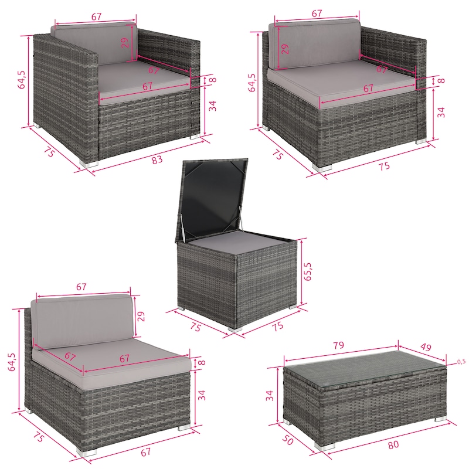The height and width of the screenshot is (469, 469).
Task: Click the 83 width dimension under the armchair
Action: click(x=157, y=159)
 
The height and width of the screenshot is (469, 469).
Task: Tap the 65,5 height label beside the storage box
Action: click(x=307, y=271)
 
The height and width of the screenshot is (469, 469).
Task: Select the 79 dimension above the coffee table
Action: click(x=339, y=345)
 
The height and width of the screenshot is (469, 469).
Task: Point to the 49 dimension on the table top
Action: click(x=426, y=347)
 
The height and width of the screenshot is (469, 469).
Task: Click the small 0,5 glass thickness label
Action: click(x=461, y=362)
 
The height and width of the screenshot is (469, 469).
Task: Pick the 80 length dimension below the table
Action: click(x=393, y=445)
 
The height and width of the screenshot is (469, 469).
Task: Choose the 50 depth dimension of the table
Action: click(x=287, y=440)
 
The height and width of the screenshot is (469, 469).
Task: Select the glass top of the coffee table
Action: click(x=365, y=369)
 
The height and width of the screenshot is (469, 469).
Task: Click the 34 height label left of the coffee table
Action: click(x=270, y=395)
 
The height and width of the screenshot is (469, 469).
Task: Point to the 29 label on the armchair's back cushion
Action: click(x=125, y=42)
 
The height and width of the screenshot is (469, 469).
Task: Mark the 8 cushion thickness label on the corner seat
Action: click(x=441, y=80)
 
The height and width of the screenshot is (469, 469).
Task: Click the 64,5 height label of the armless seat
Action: click(x=11, y=362)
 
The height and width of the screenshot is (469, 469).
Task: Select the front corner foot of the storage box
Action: click(x=235, y=328)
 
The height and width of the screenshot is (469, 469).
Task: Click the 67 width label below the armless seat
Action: click(x=145, y=452)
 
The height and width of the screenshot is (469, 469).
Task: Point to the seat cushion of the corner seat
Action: click(x=342, y=84)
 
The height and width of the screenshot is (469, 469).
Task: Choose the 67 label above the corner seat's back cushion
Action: click(x=317, y=13)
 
